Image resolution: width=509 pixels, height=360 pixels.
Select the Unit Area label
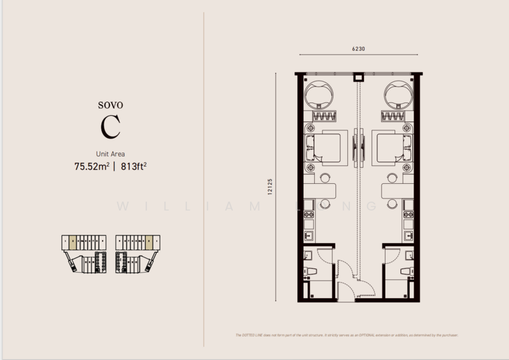[x=110, y=153]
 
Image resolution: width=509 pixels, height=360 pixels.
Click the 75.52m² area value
[x=91, y=167]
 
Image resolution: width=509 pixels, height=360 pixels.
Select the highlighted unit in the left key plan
[x=74, y=242]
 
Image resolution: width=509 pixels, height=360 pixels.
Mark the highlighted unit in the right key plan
[x=148, y=242]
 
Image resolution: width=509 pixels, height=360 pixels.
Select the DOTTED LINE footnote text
[x=346, y=335]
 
